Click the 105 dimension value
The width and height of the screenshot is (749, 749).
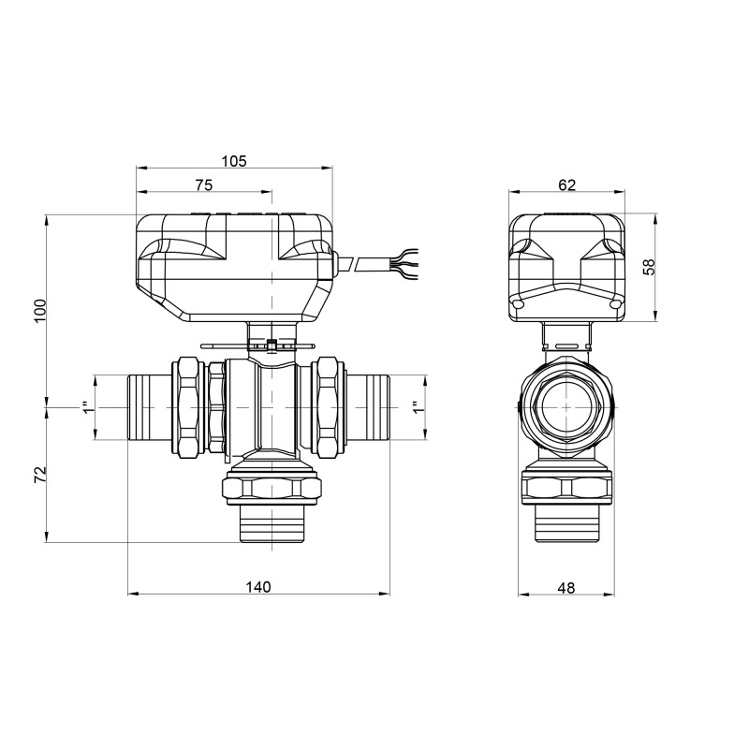(234, 161)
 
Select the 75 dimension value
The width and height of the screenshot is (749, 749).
(203, 185)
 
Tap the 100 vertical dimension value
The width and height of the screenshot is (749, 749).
(39, 311)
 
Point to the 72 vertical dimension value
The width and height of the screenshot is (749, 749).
(39, 475)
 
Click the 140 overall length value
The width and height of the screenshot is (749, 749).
(258, 587)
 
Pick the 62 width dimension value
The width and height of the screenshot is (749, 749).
(566, 185)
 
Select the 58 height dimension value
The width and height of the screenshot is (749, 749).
(648, 267)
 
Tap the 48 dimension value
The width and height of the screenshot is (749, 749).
(565, 588)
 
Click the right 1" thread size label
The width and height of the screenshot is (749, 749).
(418, 408)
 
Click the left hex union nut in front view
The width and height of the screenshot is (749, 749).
(189, 407)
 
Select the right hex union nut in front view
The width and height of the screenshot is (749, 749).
(329, 407)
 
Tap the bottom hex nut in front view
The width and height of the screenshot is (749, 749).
(272, 488)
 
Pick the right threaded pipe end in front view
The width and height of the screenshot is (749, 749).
(367, 407)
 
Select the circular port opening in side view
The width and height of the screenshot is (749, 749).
(565, 408)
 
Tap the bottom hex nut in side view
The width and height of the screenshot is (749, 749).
(565, 488)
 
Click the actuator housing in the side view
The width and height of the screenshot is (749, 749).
(565, 267)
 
